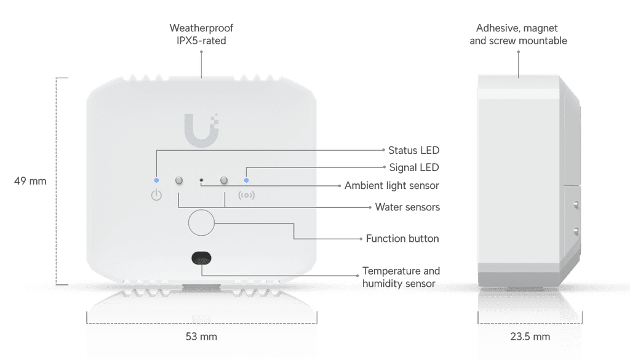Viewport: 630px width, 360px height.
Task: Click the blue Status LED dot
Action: pos(157,180)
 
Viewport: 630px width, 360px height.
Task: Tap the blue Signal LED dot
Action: pos(247,180)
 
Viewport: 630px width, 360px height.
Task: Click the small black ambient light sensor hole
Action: pos(202,180)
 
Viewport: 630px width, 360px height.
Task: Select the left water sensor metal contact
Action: pos(179,180)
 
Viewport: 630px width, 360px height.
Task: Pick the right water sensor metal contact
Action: pos(225,180)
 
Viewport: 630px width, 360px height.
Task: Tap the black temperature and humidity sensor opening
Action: pos(201,257)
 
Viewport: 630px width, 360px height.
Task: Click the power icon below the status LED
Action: pos(157,196)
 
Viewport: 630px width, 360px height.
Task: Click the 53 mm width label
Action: pos(201,337)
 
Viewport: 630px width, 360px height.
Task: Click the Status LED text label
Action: pos(414,150)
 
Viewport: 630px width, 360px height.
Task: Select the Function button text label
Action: pos(402,238)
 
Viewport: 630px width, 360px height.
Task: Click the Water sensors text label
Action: pos(407,207)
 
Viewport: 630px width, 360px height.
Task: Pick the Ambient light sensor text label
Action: pos(392,185)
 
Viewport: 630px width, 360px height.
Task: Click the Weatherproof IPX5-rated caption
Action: pos(201,34)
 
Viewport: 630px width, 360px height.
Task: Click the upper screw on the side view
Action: pos(575,204)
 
